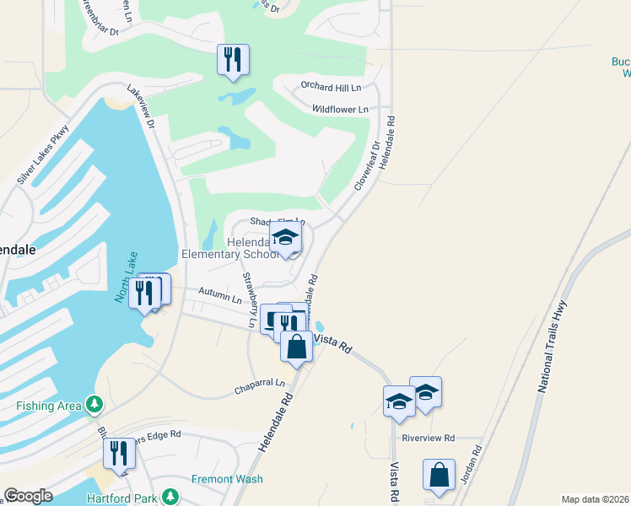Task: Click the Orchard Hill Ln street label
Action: [x=332, y=87]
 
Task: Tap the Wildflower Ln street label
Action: [x=340, y=110]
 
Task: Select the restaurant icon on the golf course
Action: [x=233, y=60]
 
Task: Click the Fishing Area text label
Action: [x=49, y=406]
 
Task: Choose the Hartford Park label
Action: [x=121, y=496]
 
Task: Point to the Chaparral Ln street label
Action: [x=261, y=390]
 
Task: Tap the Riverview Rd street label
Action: [x=429, y=439]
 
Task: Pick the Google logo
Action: [x=28, y=496]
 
